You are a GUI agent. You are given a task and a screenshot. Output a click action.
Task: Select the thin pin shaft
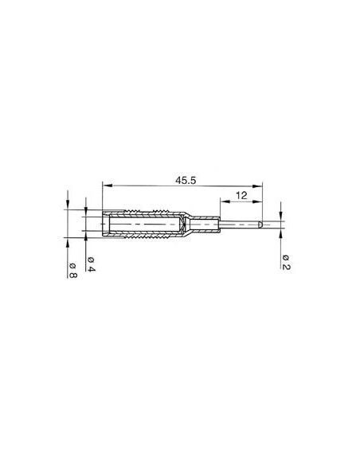(239, 225)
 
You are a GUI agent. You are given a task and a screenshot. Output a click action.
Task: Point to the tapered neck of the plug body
(185, 225)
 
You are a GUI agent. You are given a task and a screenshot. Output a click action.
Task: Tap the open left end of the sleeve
(104, 225)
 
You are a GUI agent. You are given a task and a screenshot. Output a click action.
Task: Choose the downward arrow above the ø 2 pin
(282, 217)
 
